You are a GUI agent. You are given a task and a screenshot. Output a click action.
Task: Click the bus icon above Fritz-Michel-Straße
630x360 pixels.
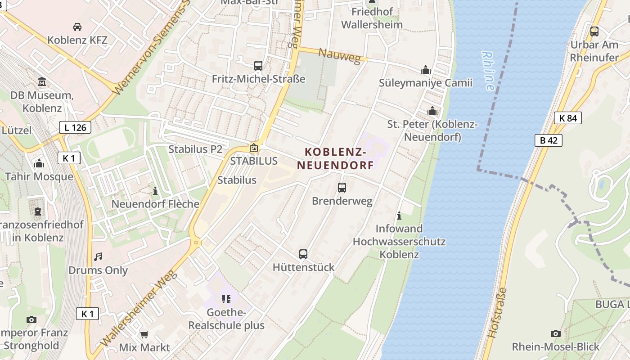(258, 66)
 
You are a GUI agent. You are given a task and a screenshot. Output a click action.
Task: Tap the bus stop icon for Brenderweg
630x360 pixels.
(342, 188)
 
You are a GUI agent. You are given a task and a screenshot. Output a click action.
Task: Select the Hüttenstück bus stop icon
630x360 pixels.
(303, 254)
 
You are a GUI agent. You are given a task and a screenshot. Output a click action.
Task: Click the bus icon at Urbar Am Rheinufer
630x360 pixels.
(594, 31)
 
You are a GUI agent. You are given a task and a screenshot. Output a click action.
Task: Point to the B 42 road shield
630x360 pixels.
(549, 140)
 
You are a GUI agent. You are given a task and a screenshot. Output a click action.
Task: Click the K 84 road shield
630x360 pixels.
(567, 118)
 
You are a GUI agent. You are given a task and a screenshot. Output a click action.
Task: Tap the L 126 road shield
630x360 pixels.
(75, 127)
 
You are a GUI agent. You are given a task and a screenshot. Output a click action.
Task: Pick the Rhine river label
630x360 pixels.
(488, 71)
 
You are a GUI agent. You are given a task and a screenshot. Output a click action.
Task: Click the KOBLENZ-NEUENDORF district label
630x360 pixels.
(335, 158)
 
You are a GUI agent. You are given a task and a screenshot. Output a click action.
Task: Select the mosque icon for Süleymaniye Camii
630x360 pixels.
(425, 70)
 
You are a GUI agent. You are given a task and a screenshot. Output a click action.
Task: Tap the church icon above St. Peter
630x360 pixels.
(432, 111)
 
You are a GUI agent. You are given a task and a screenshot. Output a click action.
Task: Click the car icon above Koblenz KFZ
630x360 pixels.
(77, 27)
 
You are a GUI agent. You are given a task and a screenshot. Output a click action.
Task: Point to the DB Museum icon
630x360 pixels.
(42, 82)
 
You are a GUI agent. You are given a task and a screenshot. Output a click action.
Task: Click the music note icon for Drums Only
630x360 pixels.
(98, 257)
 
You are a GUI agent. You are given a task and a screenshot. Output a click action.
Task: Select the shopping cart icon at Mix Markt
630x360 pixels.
(144, 334)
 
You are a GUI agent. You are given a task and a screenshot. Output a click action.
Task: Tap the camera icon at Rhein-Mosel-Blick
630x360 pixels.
(556, 333)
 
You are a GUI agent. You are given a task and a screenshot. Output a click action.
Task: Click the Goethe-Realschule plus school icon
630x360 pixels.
(226, 299)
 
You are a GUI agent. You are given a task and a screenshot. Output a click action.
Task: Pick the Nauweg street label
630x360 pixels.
(340, 56)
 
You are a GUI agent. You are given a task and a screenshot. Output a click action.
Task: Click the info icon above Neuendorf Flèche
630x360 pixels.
(155, 191)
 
